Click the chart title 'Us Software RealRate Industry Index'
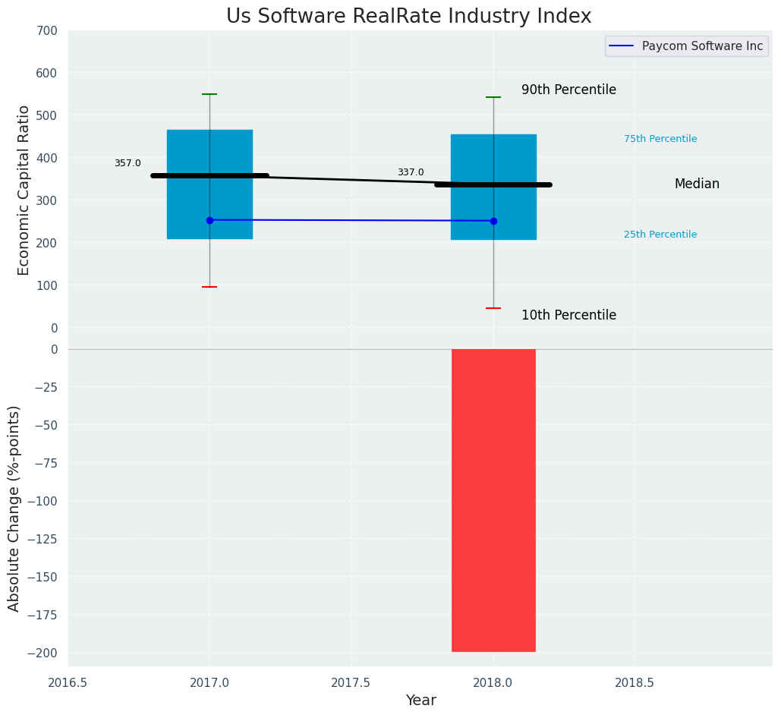[x=408, y=17]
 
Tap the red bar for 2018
[x=493, y=500]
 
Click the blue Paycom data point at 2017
[x=209, y=220]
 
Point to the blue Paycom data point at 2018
[x=493, y=221]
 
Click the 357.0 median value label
[x=128, y=163]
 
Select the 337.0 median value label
[x=411, y=172]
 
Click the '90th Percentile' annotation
[x=568, y=90]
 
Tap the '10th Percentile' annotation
[x=568, y=315]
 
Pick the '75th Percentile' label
[x=660, y=139]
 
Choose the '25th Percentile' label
[x=660, y=235]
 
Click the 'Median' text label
[x=697, y=184]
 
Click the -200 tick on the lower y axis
[x=40, y=653]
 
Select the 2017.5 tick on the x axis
[x=351, y=682]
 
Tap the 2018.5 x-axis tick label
[x=635, y=682]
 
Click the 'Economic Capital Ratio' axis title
[x=24, y=190]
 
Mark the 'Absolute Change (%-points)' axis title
[x=14, y=508]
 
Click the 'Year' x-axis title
[x=420, y=701]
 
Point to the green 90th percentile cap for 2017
[x=209, y=94]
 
